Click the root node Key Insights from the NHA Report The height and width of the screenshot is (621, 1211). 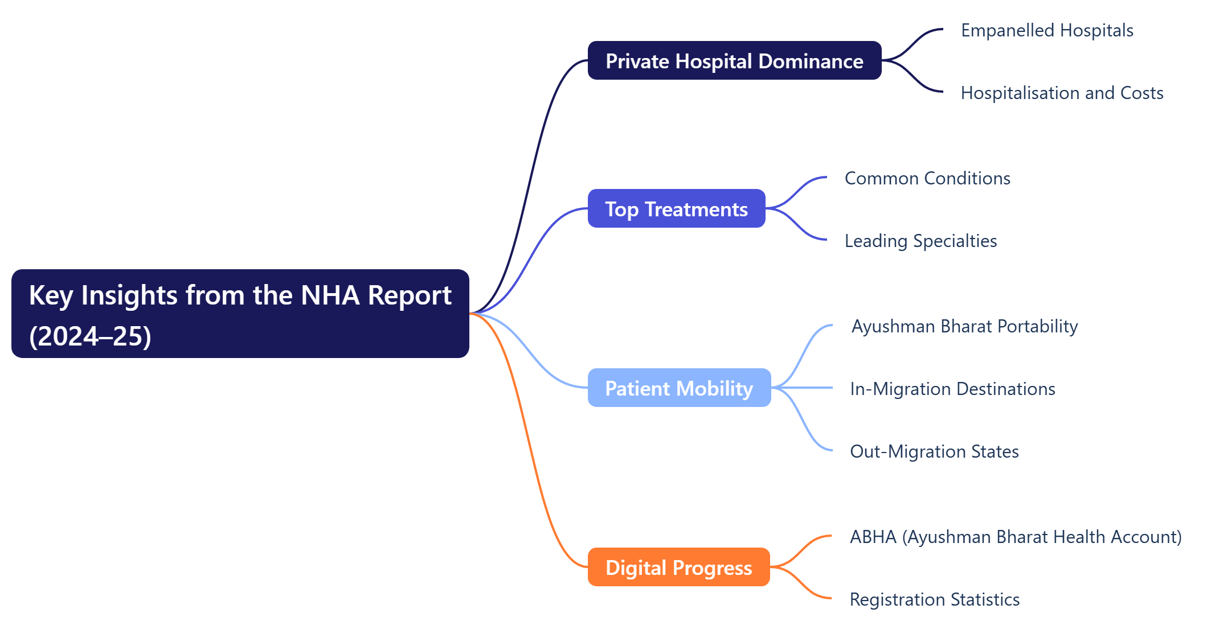240,314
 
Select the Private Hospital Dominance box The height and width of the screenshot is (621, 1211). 734,61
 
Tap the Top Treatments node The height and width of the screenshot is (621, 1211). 676,209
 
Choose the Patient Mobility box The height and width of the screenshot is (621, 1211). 679,388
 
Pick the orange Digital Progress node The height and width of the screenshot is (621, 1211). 678,567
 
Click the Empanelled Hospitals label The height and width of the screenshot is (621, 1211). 1047,30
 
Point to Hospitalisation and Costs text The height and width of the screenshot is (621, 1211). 1062,93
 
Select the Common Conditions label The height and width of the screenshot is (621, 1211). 927,178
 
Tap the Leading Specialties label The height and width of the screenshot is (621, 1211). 920,241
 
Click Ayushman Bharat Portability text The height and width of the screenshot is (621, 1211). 964,326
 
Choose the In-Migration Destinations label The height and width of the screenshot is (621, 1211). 952,389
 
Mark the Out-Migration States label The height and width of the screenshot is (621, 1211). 934,451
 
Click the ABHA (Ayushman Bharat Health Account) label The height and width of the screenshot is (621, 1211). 1016,537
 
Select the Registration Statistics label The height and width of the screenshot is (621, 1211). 934,599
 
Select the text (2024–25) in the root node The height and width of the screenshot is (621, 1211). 90,336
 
